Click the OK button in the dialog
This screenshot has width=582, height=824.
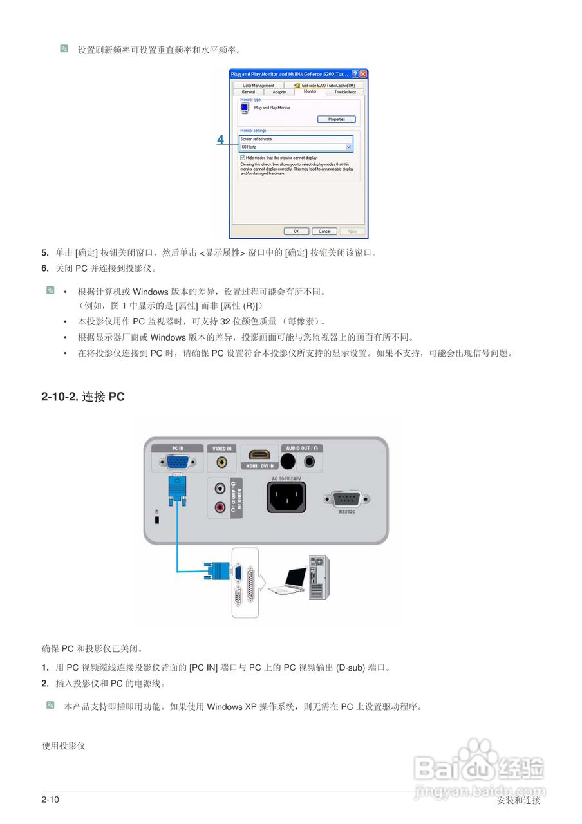click(x=296, y=231)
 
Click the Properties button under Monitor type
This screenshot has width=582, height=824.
click(x=336, y=119)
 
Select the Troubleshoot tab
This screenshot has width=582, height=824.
click(x=344, y=92)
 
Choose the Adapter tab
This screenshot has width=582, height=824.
click(x=279, y=92)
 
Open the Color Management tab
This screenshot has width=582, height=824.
click(x=258, y=85)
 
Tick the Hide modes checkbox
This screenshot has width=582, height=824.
click(x=242, y=157)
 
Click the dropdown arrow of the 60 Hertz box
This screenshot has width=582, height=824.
click(x=349, y=147)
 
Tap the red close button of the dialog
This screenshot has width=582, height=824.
click(x=363, y=74)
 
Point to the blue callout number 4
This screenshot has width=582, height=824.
click(x=220, y=139)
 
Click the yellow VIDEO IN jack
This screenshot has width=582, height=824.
click(x=222, y=462)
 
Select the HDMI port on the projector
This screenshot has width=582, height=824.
click(x=259, y=456)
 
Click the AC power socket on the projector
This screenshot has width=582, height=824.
click(x=286, y=496)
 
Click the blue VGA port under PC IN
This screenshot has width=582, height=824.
click(x=177, y=463)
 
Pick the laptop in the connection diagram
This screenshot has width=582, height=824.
click(x=287, y=580)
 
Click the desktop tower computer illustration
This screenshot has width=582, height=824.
click(x=318, y=576)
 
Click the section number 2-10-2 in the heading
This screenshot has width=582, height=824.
click(x=60, y=397)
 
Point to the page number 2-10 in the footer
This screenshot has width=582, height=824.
click(x=50, y=800)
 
